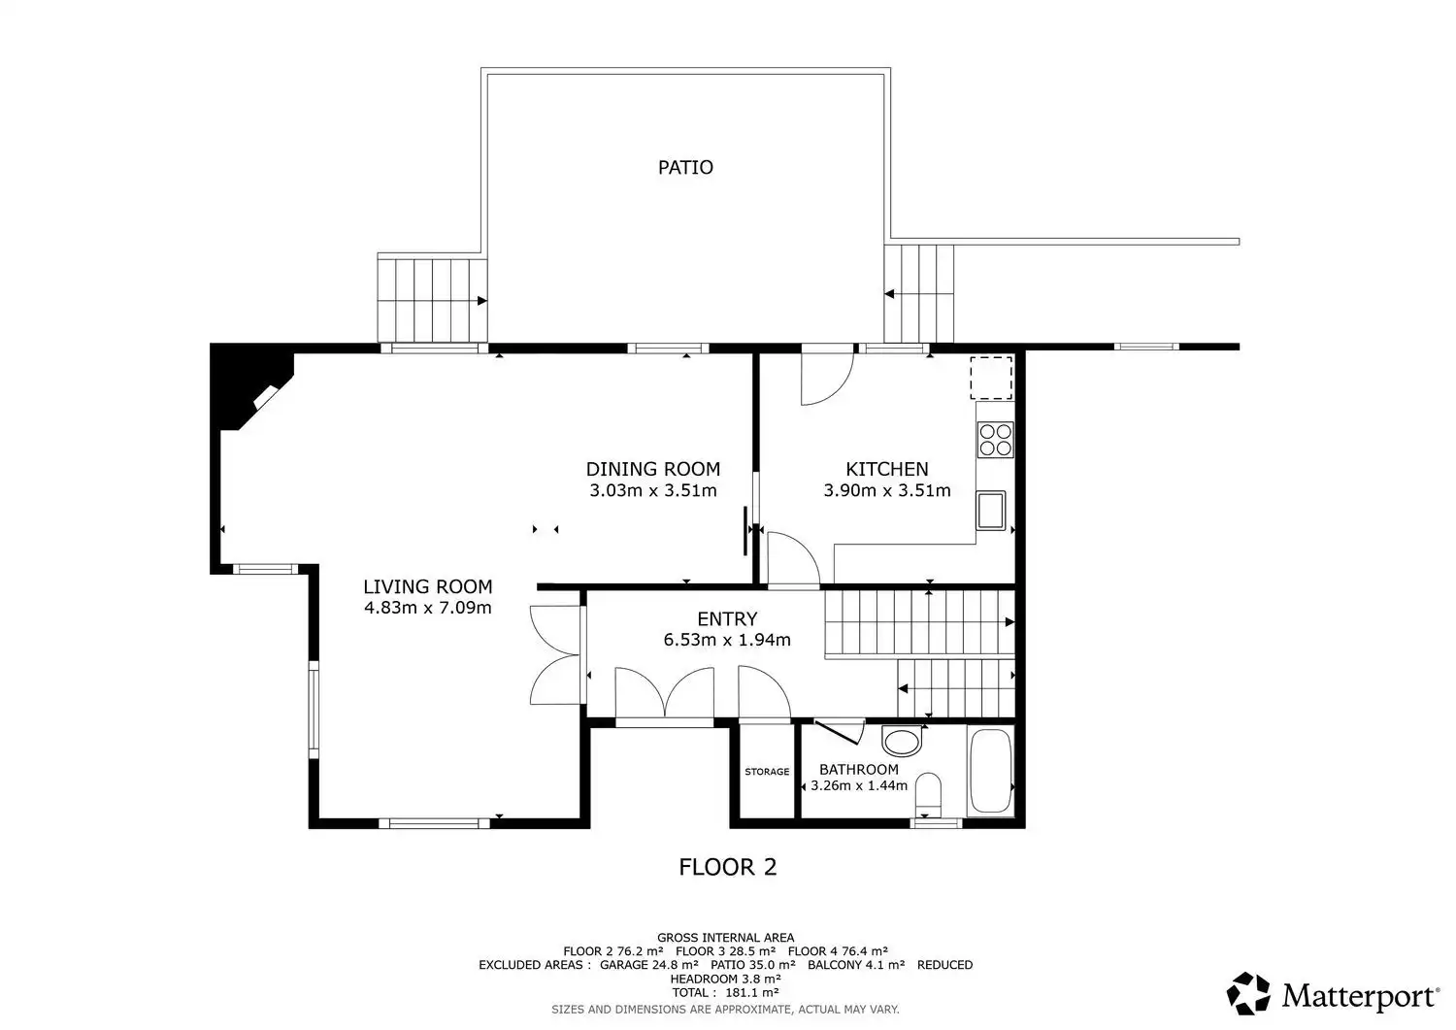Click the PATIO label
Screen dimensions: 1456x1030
tap(685, 168)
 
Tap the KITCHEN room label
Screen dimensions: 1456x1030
tap(886, 469)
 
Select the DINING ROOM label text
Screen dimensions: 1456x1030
tap(652, 469)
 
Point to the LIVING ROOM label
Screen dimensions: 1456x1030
tap(428, 586)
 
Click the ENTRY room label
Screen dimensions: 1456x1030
tap(727, 618)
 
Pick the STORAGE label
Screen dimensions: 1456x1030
tap(767, 772)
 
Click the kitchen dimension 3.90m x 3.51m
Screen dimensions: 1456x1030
tap(886, 490)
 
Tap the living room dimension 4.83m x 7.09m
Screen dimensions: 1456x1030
tap(428, 608)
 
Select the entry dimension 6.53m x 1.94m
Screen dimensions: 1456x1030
tap(727, 640)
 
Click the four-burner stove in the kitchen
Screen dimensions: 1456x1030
tap(995, 440)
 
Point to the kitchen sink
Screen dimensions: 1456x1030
tap(991, 511)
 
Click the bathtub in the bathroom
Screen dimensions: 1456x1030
tap(990, 771)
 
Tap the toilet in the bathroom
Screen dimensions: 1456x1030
tap(928, 795)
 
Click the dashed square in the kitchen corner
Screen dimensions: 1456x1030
tap(991, 378)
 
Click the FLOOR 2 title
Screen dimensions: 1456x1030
tap(727, 867)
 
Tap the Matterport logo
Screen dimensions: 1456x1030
tap(1333, 993)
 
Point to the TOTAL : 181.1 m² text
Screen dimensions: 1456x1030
tap(725, 993)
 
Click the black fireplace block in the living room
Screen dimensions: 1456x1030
tap(250, 386)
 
